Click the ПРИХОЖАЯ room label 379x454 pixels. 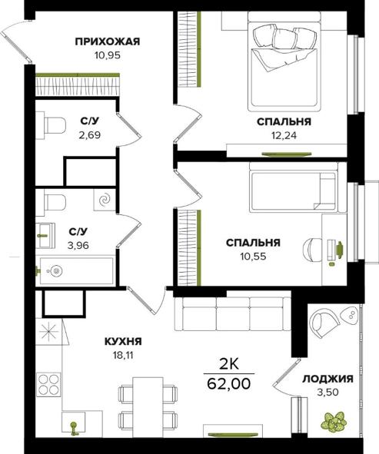pos(108,41)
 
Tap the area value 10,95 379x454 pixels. pos(107,55)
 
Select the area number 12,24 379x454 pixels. pos(284,135)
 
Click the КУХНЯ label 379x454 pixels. pos(123,341)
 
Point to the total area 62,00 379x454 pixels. pos(229,384)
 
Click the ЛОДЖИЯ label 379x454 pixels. pos(327,379)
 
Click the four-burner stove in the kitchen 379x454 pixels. pos(48,384)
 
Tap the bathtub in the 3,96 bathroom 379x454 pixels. pos(76,270)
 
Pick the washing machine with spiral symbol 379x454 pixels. pos(105,200)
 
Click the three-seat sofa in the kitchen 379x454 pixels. pos(233,314)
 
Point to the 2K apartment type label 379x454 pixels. pos(229,365)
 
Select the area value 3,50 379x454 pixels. pos(328,393)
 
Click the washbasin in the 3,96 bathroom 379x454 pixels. pos(46,235)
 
